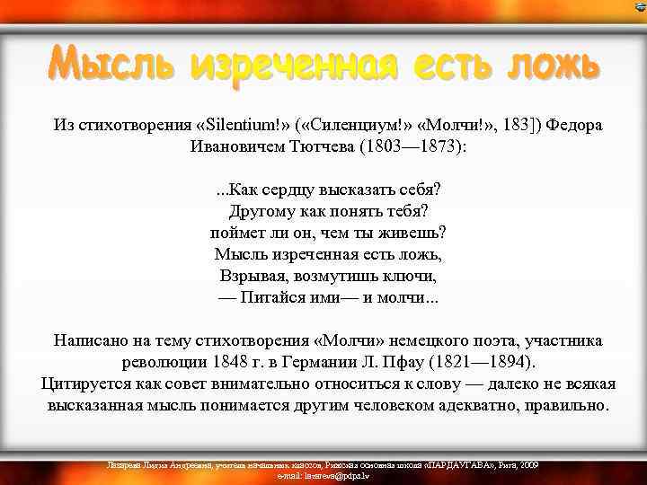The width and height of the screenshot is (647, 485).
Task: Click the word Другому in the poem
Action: tap(261, 212)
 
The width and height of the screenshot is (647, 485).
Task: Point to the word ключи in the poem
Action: tap(412, 276)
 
